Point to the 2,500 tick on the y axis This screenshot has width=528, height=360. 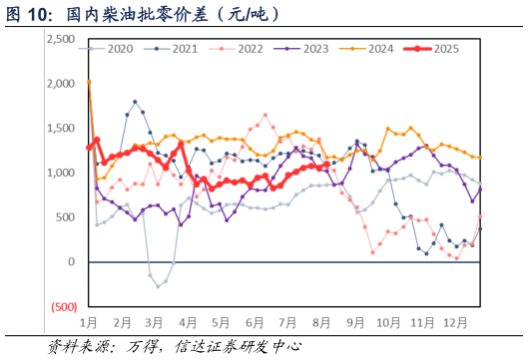click(63, 38)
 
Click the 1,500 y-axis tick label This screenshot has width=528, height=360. click(63, 128)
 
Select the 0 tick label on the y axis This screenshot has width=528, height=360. click(73, 262)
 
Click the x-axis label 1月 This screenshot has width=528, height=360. click(89, 323)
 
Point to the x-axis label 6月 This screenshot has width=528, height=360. click(254, 323)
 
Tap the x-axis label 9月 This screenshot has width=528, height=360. click(354, 323)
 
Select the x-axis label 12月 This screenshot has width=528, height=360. click(455, 323)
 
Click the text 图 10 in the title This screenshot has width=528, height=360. click(27, 14)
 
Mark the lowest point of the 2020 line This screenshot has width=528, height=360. click(158, 286)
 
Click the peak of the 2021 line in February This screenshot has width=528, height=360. click(135, 101)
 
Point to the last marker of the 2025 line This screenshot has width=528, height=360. click(326, 165)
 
